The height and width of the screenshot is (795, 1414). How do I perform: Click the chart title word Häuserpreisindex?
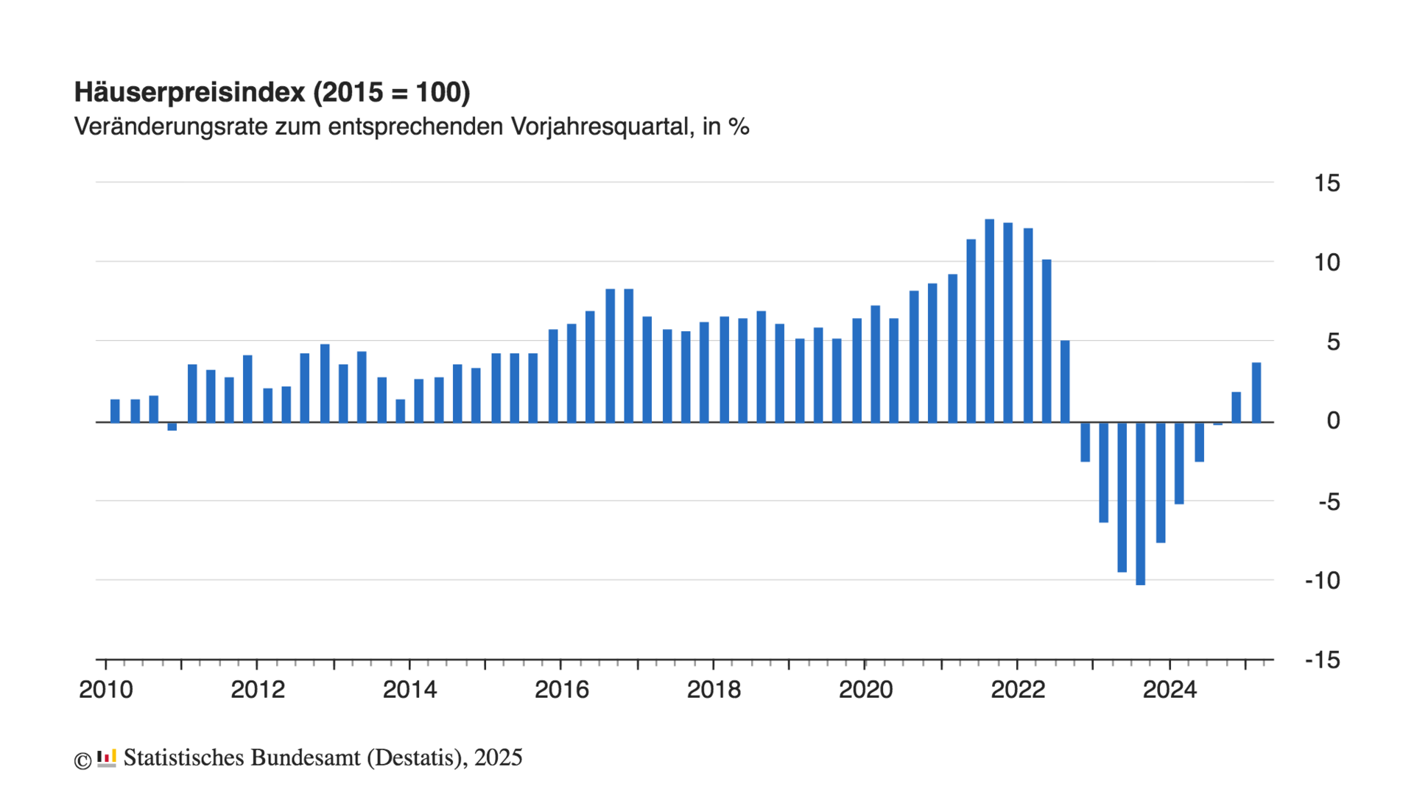pos(189,93)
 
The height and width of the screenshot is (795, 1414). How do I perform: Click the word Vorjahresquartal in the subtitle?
pos(601,127)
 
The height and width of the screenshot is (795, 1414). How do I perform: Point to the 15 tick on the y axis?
pos(1326,183)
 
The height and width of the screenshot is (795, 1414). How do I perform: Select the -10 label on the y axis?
pos(1322,581)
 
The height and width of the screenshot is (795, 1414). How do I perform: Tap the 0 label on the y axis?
pos(1333,421)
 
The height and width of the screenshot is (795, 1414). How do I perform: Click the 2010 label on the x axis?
pos(106,690)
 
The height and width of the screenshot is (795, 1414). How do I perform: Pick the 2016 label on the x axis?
pos(561,690)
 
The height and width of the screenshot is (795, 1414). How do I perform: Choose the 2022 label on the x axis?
pos(1018,690)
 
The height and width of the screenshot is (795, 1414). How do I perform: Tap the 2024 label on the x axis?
pos(1169,690)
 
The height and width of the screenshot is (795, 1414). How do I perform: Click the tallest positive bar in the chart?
pos(990,320)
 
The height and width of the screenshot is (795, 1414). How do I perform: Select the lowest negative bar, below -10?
pos(1140,504)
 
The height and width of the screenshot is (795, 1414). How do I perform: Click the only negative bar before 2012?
pos(172,426)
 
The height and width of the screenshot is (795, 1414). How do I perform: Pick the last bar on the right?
pos(1256,392)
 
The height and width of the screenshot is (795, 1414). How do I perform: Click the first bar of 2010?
pos(115,411)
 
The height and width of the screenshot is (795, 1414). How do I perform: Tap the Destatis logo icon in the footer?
pos(107,758)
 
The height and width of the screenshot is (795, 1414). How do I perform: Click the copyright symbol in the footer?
pos(82,760)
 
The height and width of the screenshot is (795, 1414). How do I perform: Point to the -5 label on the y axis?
pos(1329,502)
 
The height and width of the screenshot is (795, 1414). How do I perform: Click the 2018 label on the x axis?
pos(714,690)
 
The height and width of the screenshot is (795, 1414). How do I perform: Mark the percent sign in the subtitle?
pos(739,127)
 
